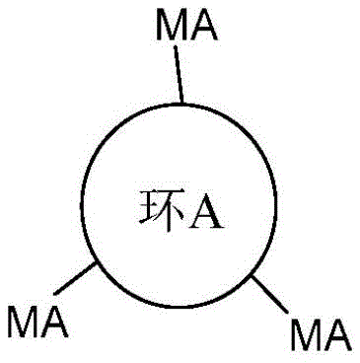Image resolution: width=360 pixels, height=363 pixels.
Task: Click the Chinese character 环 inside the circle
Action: click(x=151, y=210)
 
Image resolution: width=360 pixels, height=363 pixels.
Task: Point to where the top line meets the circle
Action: click(x=180, y=102)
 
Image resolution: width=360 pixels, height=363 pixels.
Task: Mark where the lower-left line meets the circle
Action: click(x=95, y=263)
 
